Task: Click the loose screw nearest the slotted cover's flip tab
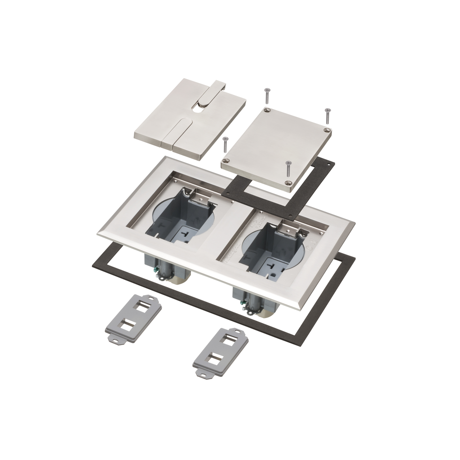(x=266, y=95)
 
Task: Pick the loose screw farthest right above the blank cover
(x=327, y=115)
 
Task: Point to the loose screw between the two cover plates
(x=226, y=145)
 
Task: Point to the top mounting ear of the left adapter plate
(x=153, y=297)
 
